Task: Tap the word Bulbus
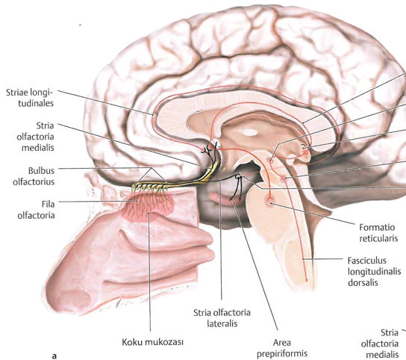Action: tap(41, 170)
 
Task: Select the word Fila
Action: tap(49, 204)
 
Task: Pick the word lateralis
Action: tap(222, 323)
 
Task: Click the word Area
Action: tap(281, 343)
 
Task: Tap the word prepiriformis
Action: tap(282, 353)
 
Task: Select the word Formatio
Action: tap(377, 227)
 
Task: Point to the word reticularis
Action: tap(378, 238)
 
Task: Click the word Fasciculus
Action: tap(366, 260)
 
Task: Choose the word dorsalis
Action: tap(363, 282)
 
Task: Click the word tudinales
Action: tap(36, 103)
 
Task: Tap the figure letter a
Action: tap(54, 356)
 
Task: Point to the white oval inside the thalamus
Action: tap(250, 132)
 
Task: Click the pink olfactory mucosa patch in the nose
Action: tap(148, 208)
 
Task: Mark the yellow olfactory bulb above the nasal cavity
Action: tap(151, 184)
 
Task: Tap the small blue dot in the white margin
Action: tap(81, 25)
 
